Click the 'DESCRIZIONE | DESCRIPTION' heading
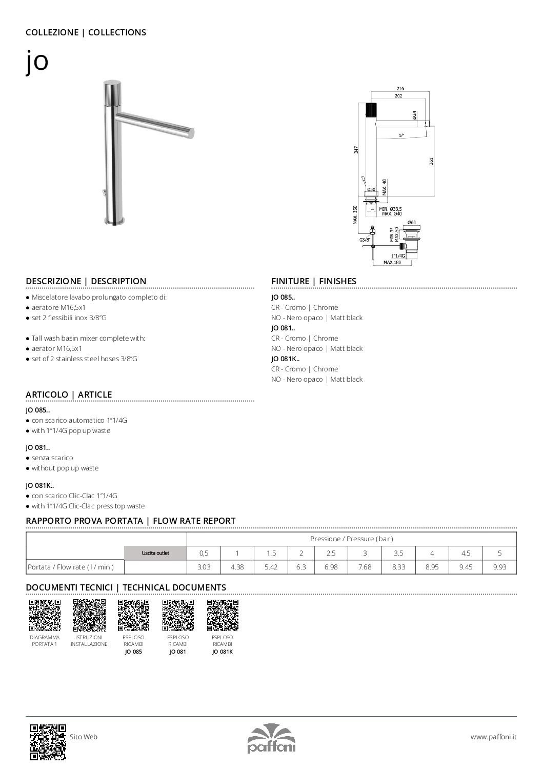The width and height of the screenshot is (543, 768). (86, 281)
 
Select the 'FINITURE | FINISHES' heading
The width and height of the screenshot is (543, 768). (313, 281)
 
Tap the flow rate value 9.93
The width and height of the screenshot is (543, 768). (499, 567)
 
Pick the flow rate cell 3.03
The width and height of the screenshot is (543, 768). (204, 567)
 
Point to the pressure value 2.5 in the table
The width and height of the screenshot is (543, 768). (331, 553)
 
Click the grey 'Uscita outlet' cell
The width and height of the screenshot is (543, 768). (155, 553)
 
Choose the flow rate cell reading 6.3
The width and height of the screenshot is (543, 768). (301, 567)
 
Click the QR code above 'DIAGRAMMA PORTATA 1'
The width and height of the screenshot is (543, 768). (45, 615)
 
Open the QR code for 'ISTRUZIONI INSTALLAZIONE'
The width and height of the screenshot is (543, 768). (89, 615)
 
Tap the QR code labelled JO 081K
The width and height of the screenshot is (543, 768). (223, 615)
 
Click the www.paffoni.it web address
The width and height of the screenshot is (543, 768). (493, 737)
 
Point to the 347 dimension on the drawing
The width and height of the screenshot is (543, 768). (356, 149)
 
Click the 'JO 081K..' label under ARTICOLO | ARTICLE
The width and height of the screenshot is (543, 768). (39, 485)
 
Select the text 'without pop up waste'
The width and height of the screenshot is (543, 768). (65, 468)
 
